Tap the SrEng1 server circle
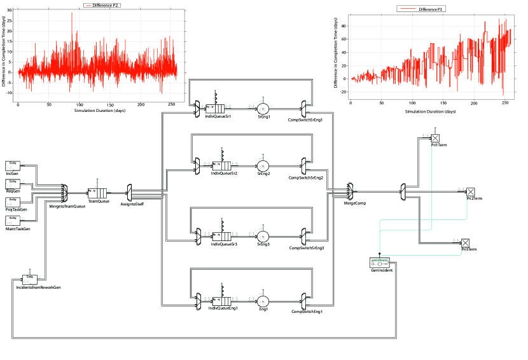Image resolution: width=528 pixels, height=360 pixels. tap(263, 109)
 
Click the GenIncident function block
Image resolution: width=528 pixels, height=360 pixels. tap(380, 263)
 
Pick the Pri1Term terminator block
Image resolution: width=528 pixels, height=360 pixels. tap(435, 138)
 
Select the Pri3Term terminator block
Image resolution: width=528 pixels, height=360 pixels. tap(465, 243)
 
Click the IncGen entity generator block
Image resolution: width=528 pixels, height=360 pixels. tap(13, 166)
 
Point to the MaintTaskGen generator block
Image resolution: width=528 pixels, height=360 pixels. tap(13, 220)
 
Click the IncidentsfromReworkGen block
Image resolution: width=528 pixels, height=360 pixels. tap(29, 279)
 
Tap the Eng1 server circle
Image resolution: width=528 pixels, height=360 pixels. tap(263, 301)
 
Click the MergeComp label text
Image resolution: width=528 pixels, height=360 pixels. tap(354, 203)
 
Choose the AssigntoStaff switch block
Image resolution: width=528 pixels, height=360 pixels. tap(129, 191)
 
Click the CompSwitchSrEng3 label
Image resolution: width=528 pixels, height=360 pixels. tap(306, 248)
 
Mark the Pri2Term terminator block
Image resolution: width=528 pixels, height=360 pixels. tap(471, 191)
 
